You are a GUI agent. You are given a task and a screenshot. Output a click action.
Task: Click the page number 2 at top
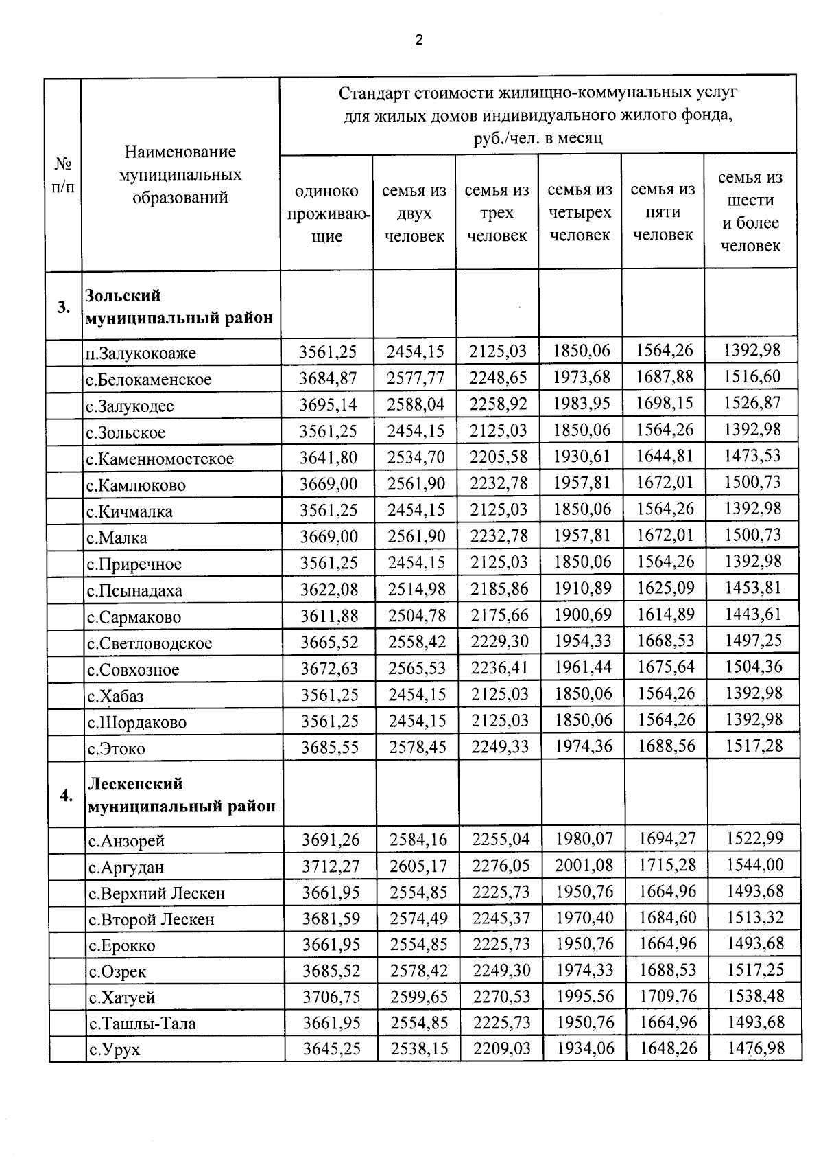pyautogui.click(x=419, y=40)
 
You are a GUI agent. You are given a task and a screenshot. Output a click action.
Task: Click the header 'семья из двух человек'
pyautogui.click(x=414, y=213)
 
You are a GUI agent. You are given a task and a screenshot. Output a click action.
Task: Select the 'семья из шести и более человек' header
pyautogui.click(x=750, y=211)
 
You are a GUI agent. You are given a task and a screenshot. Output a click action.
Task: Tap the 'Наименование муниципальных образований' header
pyautogui.click(x=180, y=174)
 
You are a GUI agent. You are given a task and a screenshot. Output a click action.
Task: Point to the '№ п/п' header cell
pyautogui.click(x=63, y=175)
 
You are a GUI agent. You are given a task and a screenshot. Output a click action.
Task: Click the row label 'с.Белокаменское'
pyautogui.click(x=149, y=380)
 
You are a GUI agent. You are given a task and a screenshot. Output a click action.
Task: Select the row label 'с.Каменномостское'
pyautogui.click(x=160, y=459)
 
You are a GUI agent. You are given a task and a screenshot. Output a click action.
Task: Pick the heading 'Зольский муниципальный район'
pyautogui.click(x=179, y=307)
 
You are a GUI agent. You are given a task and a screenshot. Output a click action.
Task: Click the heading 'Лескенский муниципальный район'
pyautogui.click(x=182, y=795)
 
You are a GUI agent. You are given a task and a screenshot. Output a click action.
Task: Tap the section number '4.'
pyautogui.click(x=66, y=796)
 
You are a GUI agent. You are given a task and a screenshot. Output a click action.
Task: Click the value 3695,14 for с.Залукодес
pyautogui.click(x=328, y=404)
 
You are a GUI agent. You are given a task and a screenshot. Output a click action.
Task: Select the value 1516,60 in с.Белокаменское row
pyautogui.click(x=752, y=377)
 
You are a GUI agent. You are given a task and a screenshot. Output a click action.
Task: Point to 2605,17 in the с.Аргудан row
pyautogui.click(x=418, y=866)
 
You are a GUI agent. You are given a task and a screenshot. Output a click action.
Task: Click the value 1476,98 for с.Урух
pyautogui.click(x=755, y=1048)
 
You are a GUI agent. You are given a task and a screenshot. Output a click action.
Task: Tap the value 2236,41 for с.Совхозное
pyautogui.click(x=500, y=668)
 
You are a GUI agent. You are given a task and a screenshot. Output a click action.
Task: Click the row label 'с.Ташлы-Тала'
pyautogui.click(x=142, y=1024)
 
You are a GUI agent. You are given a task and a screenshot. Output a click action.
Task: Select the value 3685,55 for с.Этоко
pyautogui.click(x=330, y=747)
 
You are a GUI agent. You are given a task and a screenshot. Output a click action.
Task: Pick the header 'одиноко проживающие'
pyautogui.click(x=326, y=214)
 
